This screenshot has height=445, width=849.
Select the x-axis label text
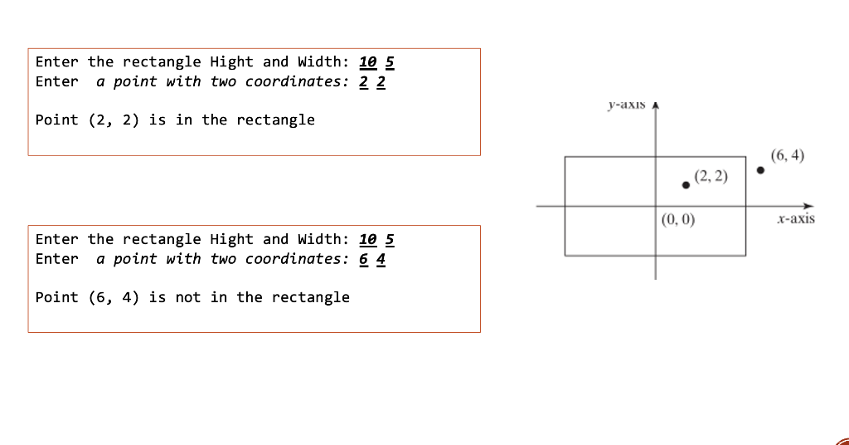(796, 219)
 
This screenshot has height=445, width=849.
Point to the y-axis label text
(626, 105)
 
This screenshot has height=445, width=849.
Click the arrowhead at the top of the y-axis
(656, 107)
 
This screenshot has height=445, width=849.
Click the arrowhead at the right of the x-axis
(810, 206)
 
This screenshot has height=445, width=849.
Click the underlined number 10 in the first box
(368, 62)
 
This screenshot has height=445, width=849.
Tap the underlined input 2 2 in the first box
(372, 82)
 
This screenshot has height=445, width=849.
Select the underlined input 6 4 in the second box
(372, 260)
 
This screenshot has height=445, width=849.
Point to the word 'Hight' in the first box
(231, 62)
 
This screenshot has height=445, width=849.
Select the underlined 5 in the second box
(390, 240)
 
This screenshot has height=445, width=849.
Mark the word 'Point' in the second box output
(57, 297)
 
